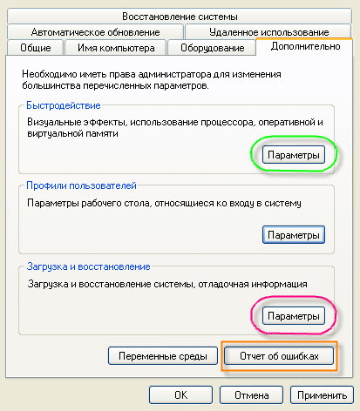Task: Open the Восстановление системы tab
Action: click(180, 17)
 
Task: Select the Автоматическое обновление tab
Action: click(95, 32)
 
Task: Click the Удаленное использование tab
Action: click(268, 32)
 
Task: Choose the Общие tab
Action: click(36, 48)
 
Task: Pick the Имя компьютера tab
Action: click(116, 48)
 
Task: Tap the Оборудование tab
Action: click(212, 48)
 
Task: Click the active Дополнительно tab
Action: click(305, 46)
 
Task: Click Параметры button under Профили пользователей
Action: click(294, 235)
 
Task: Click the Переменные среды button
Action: click(163, 356)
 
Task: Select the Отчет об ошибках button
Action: click(279, 356)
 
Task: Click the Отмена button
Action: click(251, 395)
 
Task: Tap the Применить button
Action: click(322, 395)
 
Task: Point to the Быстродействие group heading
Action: click(64, 105)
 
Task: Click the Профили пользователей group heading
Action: click(81, 185)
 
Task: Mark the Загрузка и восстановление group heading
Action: click(88, 266)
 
